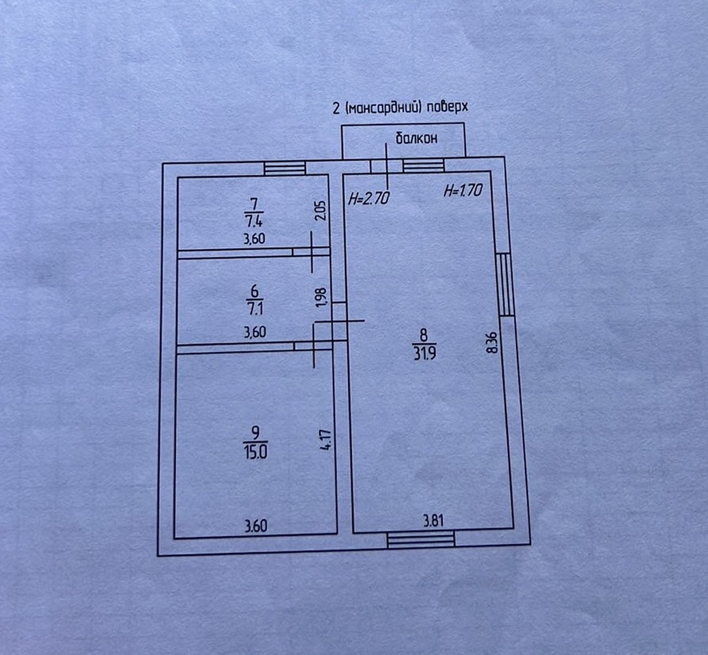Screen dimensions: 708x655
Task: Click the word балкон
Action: (x=416, y=138)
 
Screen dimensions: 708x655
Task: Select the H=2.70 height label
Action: (x=369, y=198)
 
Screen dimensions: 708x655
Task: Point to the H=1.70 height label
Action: (x=463, y=190)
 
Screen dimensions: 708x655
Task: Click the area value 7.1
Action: (x=254, y=308)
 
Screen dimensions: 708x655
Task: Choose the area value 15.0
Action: (x=255, y=452)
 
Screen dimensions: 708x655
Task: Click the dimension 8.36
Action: (x=492, y=343)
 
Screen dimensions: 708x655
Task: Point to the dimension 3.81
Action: (x=434, y=520)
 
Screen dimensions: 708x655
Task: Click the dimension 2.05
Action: (x=321, y=211)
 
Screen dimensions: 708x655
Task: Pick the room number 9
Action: (x=255, y=432)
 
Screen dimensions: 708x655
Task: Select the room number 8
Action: (x=424, y=335)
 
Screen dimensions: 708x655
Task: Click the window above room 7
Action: (x=285, y=169)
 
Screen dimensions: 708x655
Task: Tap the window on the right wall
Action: (x=505, y=284)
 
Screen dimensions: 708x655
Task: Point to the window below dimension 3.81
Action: (x=421, y=539)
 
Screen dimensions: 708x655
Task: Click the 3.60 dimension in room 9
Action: (x=256, y=526)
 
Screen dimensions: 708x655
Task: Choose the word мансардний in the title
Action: (x=381, y=108)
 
